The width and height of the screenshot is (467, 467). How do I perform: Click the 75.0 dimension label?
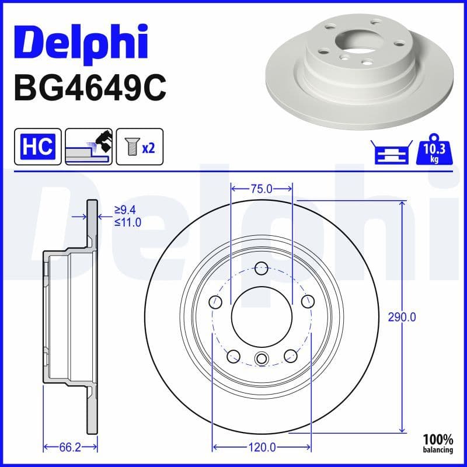[x=261, y=189]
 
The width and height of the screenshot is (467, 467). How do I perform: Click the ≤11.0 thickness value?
[x=127, y=221]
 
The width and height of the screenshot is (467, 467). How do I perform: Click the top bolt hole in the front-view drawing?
[x=262, y=269]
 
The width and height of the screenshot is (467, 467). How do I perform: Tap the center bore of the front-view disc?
[x=261, y=317]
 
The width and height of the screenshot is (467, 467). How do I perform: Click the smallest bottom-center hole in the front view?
[x=262, y=358]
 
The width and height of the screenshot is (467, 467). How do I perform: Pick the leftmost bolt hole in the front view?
[x=215, y=302]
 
